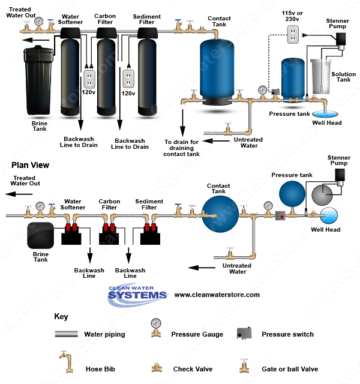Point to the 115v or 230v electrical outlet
292,35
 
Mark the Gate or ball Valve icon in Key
245,364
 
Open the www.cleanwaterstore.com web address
217,295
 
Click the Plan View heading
26,165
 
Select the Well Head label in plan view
325,229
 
